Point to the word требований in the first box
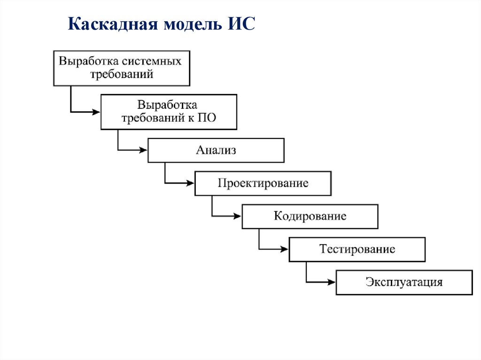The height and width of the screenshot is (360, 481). [x=121, y=74]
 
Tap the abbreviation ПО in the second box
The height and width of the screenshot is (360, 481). [x=207, y=117]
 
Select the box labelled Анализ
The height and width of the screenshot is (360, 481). [x=216, y=150]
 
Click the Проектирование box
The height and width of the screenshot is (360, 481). [x=263, y=183]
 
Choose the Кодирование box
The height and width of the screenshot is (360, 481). [x=310, y=216]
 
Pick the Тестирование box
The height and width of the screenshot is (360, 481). [x=357, y=249]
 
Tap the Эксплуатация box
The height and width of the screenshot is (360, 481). [x=404, y=282]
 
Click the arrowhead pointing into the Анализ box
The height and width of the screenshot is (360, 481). [x=144, y=150]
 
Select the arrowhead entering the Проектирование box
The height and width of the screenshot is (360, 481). [x=191, y=183]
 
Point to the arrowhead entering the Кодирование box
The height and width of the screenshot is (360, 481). [x=238, y=216]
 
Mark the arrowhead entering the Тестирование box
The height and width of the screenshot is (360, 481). [x=285, y=249]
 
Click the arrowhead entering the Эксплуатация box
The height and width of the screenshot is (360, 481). [x=332, y=282]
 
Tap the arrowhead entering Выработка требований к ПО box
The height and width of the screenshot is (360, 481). [x=97, y=112]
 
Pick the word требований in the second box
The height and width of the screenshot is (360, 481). [x=153, y=117]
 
